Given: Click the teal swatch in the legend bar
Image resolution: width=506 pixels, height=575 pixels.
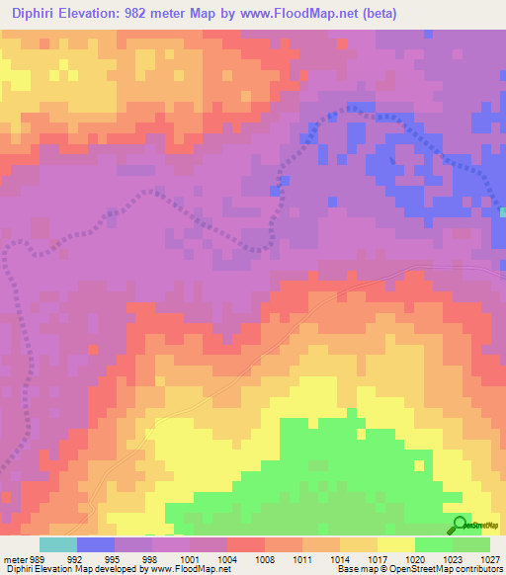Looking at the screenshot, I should point(58,544).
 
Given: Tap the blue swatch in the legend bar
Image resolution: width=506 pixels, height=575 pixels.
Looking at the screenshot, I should point(96,544).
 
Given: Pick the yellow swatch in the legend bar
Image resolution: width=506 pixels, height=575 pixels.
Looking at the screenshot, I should point(395,544).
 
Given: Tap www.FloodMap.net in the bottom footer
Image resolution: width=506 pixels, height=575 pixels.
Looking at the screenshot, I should point(189,569).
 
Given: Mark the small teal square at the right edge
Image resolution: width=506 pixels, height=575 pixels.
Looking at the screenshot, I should point(502,211).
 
